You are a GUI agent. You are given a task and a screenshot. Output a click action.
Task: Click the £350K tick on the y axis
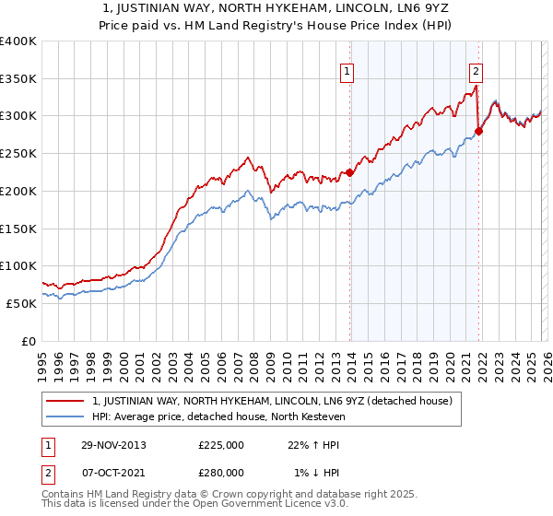pyautogui.click(x=18, y=78)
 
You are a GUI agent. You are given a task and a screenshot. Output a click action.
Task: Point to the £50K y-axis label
pyautogui.click(x=20, y=302)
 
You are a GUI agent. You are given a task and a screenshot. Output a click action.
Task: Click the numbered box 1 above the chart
pyautogui.click(x=347, y=72)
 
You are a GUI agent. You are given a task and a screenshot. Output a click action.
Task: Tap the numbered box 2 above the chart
pyautogui.click(x=477, y=72)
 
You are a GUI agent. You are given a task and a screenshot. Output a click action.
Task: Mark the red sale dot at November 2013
pyautogui.click(x=350, y=172)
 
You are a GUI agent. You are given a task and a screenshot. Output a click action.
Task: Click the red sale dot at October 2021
pyautogui.click(x=478, y=131)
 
